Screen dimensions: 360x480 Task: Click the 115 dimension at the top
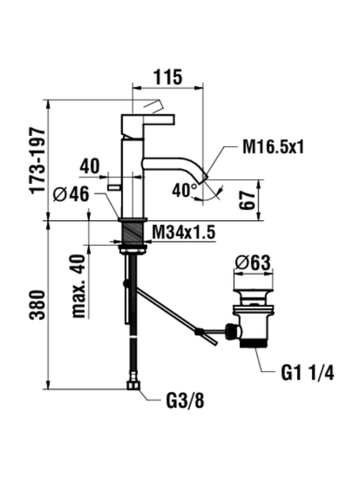coord(168,77)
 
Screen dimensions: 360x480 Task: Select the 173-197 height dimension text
coord(37,160)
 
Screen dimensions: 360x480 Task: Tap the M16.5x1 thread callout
coord(273,147)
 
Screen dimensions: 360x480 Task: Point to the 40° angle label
coord(185,190)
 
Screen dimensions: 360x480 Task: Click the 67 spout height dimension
coord(247,201)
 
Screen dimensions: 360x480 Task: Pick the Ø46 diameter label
coord(71,194)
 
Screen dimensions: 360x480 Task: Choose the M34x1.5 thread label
coord(184,232)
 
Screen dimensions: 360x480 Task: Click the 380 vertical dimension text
coord(37,305)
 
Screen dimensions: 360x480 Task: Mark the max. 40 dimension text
coord(79,286)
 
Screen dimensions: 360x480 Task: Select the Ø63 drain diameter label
coord(253,262)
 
